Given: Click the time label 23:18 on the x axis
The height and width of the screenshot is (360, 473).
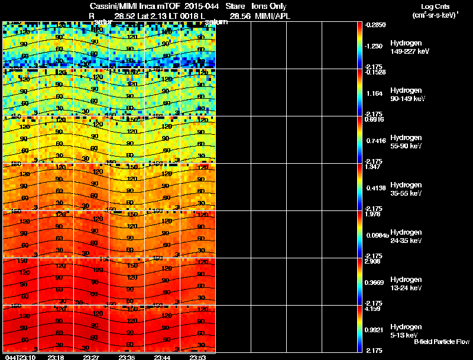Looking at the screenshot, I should tap(56, 357).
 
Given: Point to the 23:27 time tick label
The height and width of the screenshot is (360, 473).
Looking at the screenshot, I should tap(91, 357).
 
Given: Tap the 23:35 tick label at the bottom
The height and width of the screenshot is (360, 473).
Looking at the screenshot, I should tap(127, 357).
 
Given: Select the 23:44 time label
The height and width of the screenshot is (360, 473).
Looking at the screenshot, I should tap(162, 357).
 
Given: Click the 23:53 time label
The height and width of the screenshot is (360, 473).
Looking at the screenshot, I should tap(197, 357).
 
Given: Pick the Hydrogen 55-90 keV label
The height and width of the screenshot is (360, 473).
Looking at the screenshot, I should tap(406, 142).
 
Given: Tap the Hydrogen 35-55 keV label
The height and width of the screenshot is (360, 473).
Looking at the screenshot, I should tap(406, 189).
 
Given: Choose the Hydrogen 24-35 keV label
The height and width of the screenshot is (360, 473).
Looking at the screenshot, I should tap(406, 236).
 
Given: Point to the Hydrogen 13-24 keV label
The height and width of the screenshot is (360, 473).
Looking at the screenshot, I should tap(406, 284).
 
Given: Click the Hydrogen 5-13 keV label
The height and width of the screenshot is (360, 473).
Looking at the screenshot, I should tap(406, 331).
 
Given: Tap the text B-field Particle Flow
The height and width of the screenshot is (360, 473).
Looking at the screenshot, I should tap(441, 342).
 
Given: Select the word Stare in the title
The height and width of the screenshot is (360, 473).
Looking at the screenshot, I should tap(235, 6).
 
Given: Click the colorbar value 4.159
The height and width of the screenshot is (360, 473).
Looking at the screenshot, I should tap(374, 309).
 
